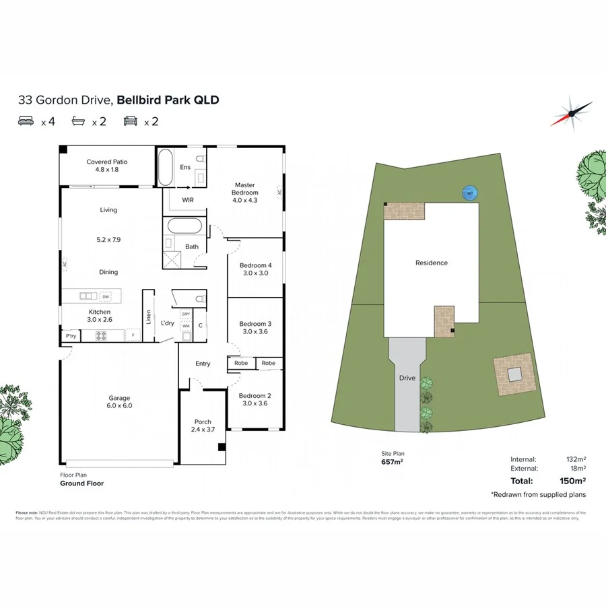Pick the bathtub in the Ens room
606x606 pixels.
[165, 167]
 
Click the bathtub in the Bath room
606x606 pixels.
[183, 226]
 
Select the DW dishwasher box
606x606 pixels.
[105, 296]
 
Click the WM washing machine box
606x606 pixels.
[186, 326]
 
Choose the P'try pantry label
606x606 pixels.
[70, 335]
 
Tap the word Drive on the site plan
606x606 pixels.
[407, 378]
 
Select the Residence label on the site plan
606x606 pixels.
[431, 263]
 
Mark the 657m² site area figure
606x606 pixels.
[392, 462]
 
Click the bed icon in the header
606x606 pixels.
[27, 121]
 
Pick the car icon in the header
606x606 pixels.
[130, 121]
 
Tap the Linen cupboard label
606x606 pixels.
[149, 316]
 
